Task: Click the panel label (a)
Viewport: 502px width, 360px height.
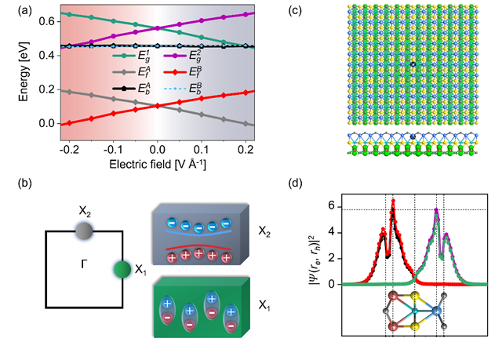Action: pyautogui.click(x=25, y=11)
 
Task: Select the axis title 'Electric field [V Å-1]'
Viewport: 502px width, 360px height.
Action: pyautogui.click(x=158, y=164)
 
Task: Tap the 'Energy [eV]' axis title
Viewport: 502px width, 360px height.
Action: pyautogui.click(x=23, y=72)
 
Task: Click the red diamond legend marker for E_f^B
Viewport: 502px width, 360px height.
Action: pyautogui.click(x=175, y=72)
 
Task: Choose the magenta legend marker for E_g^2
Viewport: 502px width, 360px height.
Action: pyautogui.click(x=175, y=56)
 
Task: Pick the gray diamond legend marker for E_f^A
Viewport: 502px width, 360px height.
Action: pyautogui.click(x=124, y=72)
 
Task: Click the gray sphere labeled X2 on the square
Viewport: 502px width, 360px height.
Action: pyautogui.click(x=84, y=231)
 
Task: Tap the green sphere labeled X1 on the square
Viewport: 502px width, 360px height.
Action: pyautogui.click(x=122, y=270)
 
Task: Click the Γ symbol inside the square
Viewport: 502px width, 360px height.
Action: pyautogui.click(x=84, y=264)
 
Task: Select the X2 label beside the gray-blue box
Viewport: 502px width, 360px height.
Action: pyautogui.click(x=264, y=231)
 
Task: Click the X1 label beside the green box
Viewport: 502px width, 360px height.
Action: pyautogui.click(x=264, y=306)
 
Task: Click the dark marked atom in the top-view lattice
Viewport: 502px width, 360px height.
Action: pyautogui.click(x=413, y=64)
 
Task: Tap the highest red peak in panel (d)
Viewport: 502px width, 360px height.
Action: pyautogui.click(x=393, y=201)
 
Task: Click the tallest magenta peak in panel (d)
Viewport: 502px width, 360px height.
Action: pyautogui.click(x=436, y=209)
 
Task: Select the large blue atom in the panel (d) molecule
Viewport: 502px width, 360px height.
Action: pyautogui.click(x=436, y=311)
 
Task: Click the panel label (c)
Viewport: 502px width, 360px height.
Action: pyautogui.click(x=295, y=11)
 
